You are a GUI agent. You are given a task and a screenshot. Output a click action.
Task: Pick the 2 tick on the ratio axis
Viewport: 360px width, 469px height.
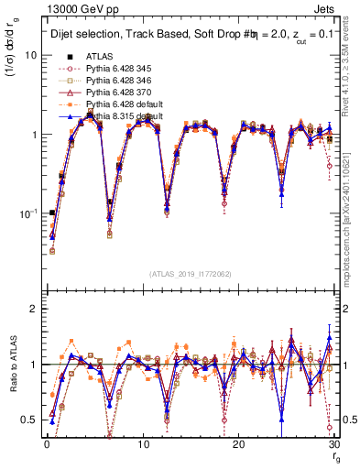coord(33,309)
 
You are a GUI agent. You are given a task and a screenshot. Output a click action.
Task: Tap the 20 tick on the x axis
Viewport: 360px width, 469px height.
coord(238,445)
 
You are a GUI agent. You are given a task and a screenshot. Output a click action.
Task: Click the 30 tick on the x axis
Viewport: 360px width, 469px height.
coord(334,445)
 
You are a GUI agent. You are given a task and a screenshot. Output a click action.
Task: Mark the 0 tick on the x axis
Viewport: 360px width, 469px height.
coord(46,445)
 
